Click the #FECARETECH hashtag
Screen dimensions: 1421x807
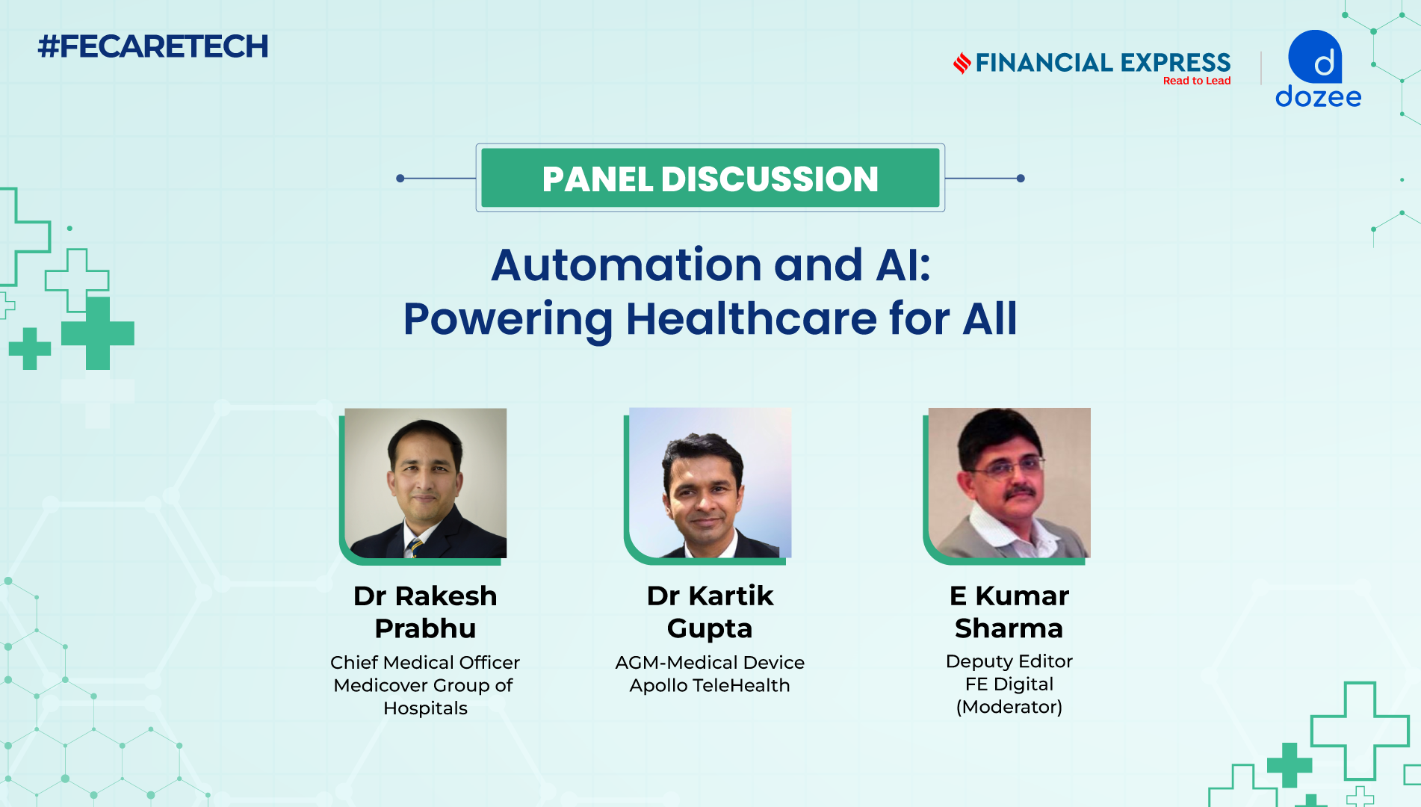coord(153,46)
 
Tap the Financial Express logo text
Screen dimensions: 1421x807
coord(1103,63)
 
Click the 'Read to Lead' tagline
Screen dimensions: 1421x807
coord(1197,81)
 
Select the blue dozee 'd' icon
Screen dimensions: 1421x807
coord(1315,57)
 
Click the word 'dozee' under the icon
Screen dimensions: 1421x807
coord(1318,96)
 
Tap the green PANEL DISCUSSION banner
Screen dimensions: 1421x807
coord(710,178)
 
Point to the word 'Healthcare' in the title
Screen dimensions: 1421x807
coord(752,319)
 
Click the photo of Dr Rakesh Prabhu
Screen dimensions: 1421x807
coord(425,483)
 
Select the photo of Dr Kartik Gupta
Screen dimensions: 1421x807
coord(710,483)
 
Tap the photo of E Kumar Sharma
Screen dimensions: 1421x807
coord(1009,483)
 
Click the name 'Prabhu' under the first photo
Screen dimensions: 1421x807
coord(425,629)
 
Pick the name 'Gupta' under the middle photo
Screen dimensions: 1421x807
coord(710,629)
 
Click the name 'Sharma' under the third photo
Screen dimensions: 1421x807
coord(1009,628)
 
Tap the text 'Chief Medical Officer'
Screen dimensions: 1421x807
coord(425,663)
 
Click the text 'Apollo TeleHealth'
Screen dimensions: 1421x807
coord(710,686)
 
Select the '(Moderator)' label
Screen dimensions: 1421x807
coord(1009,707)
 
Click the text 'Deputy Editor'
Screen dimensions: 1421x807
coord(1009,661)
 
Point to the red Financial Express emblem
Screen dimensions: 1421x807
coord(962,63)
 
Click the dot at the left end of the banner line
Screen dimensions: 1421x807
coord(400,178)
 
